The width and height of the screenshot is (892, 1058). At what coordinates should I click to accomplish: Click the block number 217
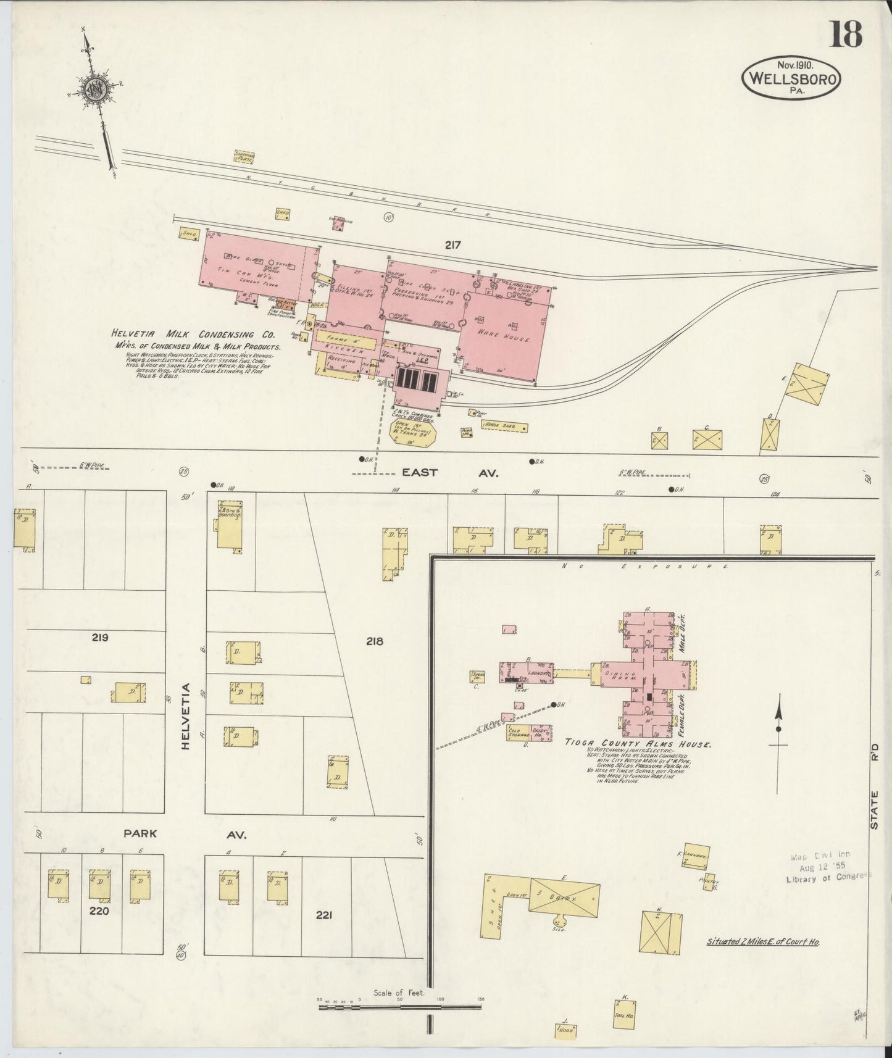pyautogui.click(x=452, y=245)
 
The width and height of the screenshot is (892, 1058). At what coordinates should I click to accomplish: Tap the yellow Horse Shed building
pyautogui.click(x=506, y=427)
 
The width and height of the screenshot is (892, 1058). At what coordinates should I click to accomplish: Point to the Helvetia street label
pyautogui.click(x=185, y=716)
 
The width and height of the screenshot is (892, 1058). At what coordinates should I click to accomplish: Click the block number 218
pyautogui.click(x=374, y=641)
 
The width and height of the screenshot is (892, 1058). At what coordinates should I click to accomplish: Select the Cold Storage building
pyautogui.click(x=516, y=733)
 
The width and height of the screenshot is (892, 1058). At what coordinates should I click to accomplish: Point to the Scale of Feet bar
pyautogui.click(x=400, y=1007)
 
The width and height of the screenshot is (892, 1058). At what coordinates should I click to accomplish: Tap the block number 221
pyautogui.click(x=324, y=915)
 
